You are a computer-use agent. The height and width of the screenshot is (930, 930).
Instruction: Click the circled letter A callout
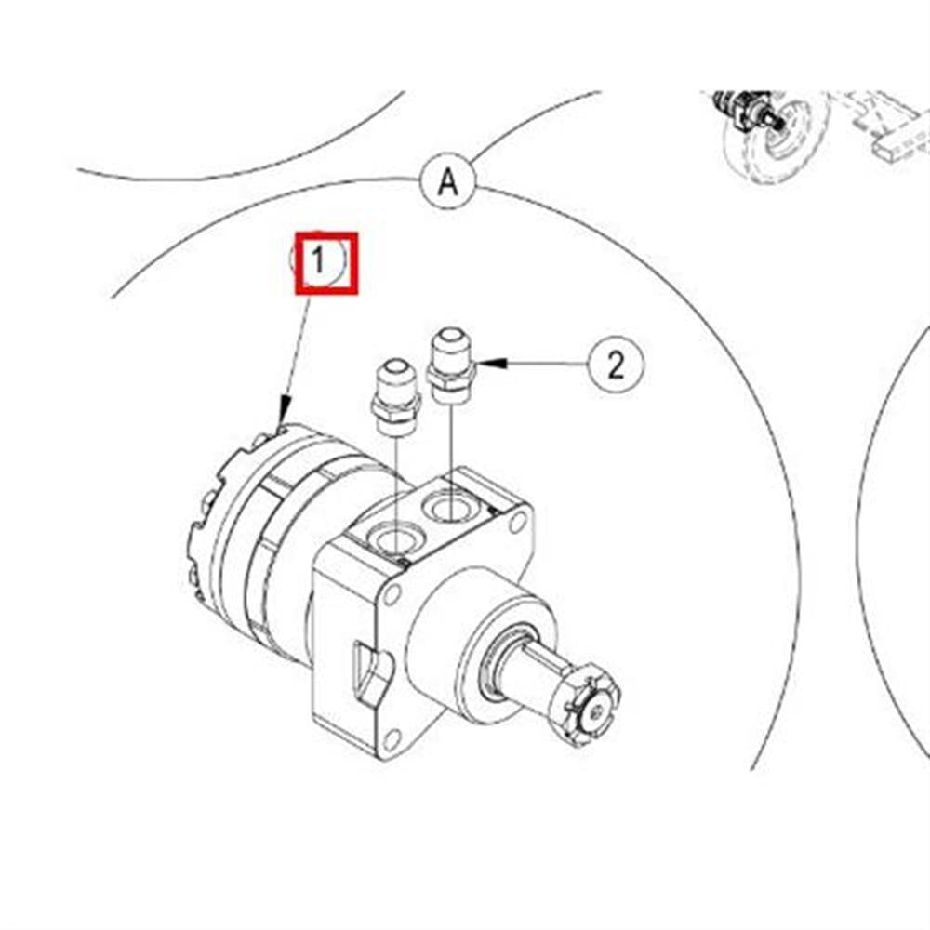click(448, 181)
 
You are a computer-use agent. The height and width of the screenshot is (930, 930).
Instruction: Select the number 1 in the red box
click(318, 259)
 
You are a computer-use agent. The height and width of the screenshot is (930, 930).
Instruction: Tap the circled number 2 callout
click(616, 365)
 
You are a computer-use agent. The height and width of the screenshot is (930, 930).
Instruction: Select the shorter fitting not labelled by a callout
click(395, 397)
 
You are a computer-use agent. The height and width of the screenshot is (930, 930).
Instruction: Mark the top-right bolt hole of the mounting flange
click(517, 523)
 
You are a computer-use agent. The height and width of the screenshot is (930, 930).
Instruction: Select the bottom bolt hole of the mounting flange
click(392, 740)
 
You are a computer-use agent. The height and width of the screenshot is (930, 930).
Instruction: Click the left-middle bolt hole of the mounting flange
click(392, 593)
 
